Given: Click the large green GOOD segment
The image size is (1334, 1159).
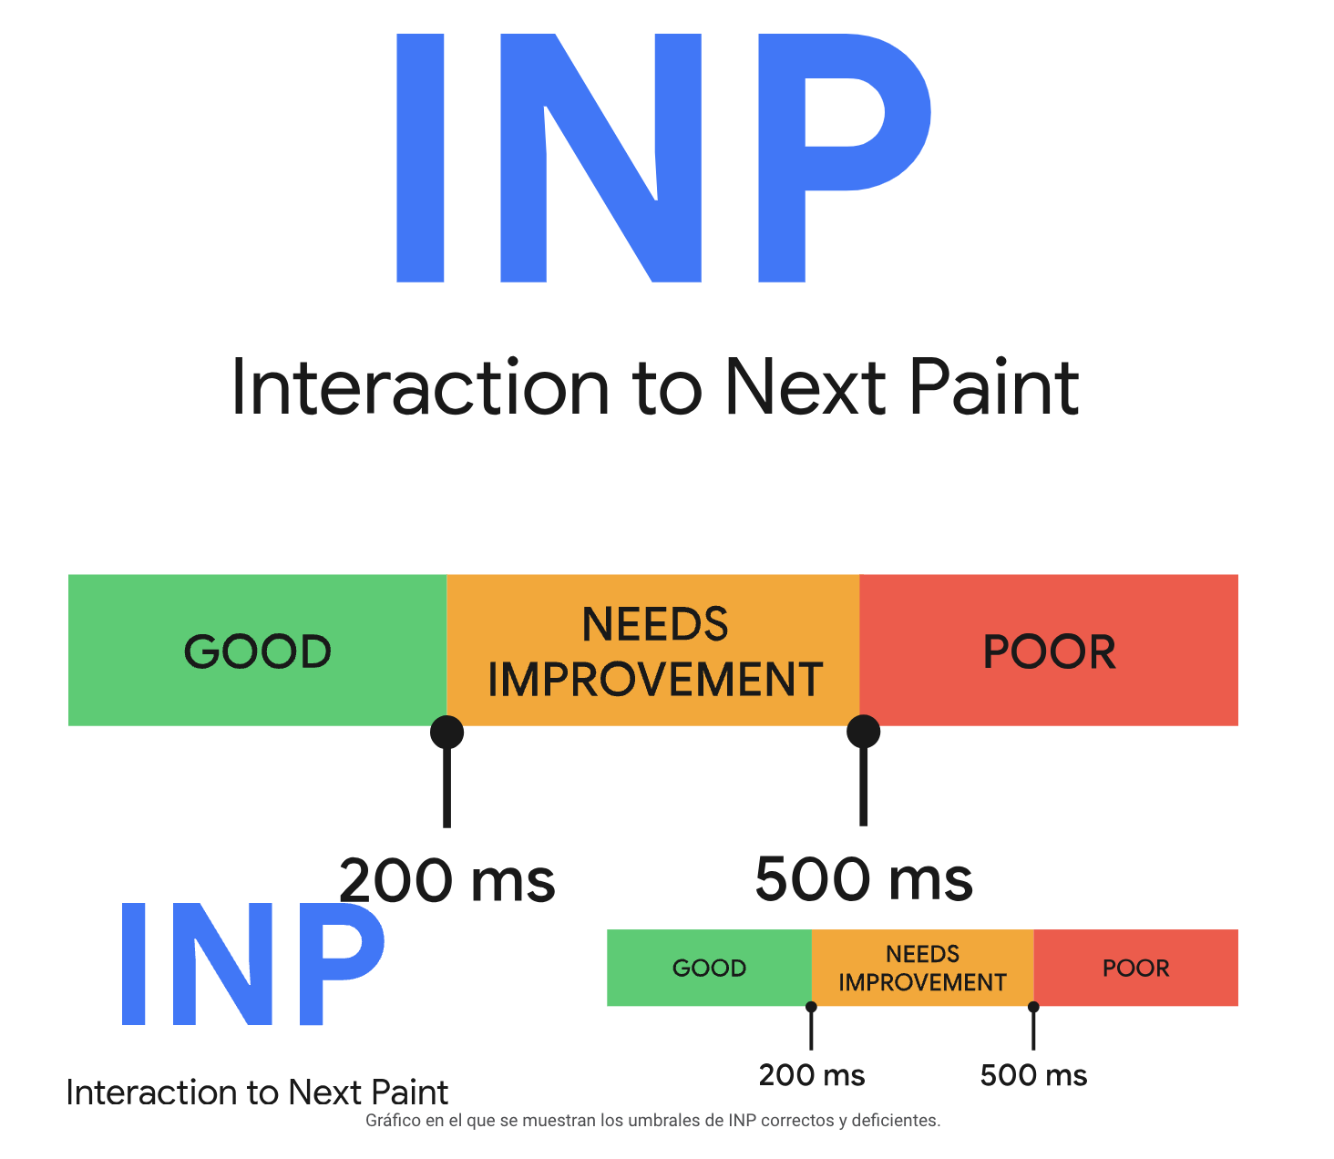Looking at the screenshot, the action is coord(257,650).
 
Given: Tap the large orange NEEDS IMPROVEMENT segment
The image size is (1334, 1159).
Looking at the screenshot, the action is coord(652,650).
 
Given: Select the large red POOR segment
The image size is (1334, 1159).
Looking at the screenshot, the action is coord(1049,650).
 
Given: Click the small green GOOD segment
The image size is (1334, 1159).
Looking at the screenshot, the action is coord(709,968).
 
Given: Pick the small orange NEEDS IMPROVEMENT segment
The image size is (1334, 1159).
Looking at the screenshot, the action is coord(922,968).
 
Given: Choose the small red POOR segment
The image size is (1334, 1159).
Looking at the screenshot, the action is coord(1135,968).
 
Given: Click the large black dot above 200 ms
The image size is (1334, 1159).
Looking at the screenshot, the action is coord(446,732).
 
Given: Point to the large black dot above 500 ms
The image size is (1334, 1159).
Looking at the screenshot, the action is coord(863,732).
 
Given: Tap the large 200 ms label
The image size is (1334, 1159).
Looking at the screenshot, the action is coord(447,881).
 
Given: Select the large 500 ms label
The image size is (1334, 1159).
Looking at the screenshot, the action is coord(864,879).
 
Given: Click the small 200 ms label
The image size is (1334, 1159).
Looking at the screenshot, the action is coord(812,1075).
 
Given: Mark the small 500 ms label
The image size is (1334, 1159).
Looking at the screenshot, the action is coord(1033,1075).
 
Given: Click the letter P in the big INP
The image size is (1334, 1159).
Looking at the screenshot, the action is coord(844,158).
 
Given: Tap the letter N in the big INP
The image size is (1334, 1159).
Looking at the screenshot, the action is coord(600,158).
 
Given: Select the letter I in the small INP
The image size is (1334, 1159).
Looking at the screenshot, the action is coord(133,964).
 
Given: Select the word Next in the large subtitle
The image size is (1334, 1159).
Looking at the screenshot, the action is coord(806,386).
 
